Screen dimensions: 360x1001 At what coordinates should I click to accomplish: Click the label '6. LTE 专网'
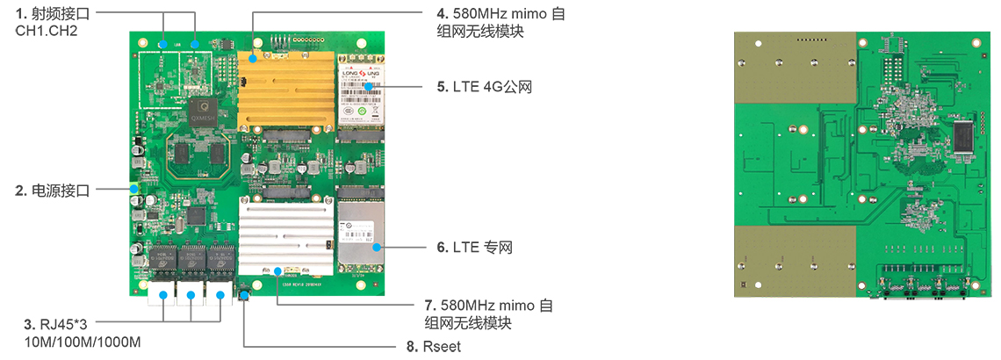point(474,248)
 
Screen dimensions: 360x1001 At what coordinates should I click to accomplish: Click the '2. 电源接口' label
point(52,190)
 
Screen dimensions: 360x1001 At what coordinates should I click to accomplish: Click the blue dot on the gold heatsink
point(253,60)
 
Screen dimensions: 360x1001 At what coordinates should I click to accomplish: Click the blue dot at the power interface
point(134,189)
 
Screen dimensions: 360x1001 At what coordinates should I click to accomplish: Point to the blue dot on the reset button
point(243,299)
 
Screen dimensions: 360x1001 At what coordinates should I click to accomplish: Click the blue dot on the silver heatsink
point(277,271)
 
